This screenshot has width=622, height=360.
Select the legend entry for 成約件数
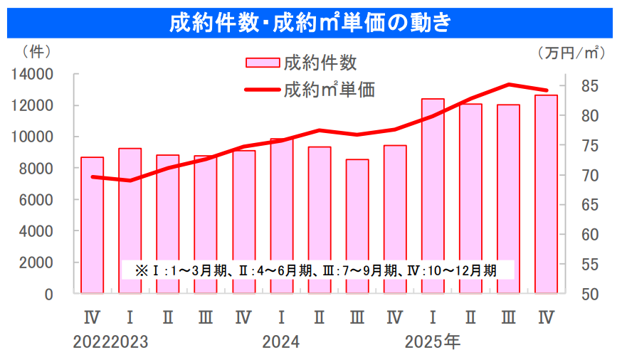pyautogui.click(x=302, y=63)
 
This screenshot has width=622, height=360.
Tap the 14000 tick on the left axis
pyautogui.click(x=33, y=74)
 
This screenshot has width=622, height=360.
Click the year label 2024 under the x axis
pyautogui.click(x=280, y=342)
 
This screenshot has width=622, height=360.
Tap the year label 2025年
pyautogui.click(x=432, y=342)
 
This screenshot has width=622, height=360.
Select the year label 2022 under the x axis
pyautogui.click(x=92, y=342)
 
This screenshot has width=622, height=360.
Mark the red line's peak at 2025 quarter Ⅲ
pyautogui.click(x=509, y=85)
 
